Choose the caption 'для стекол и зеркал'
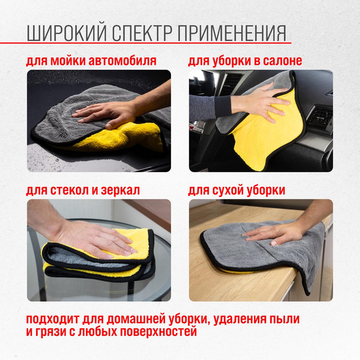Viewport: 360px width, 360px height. pos(83,190)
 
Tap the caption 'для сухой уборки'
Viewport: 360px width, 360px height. pos(236,190)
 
